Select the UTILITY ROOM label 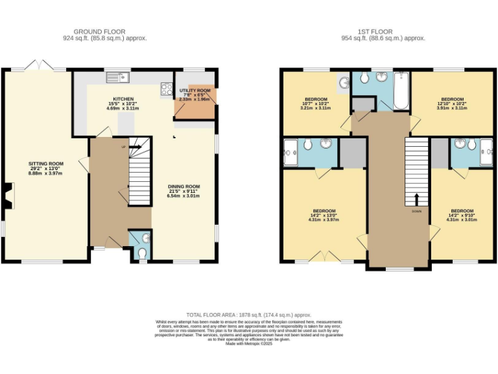[x=195, y=90]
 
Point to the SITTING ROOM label [x=45, y=164]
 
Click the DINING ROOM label [x=184, y=187]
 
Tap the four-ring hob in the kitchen [x=166, y=90]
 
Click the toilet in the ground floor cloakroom [x=143, y=252]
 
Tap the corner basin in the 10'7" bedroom [x=343, y=82]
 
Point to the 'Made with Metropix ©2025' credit [x=248, y=343]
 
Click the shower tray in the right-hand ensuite [x=486, y=153]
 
